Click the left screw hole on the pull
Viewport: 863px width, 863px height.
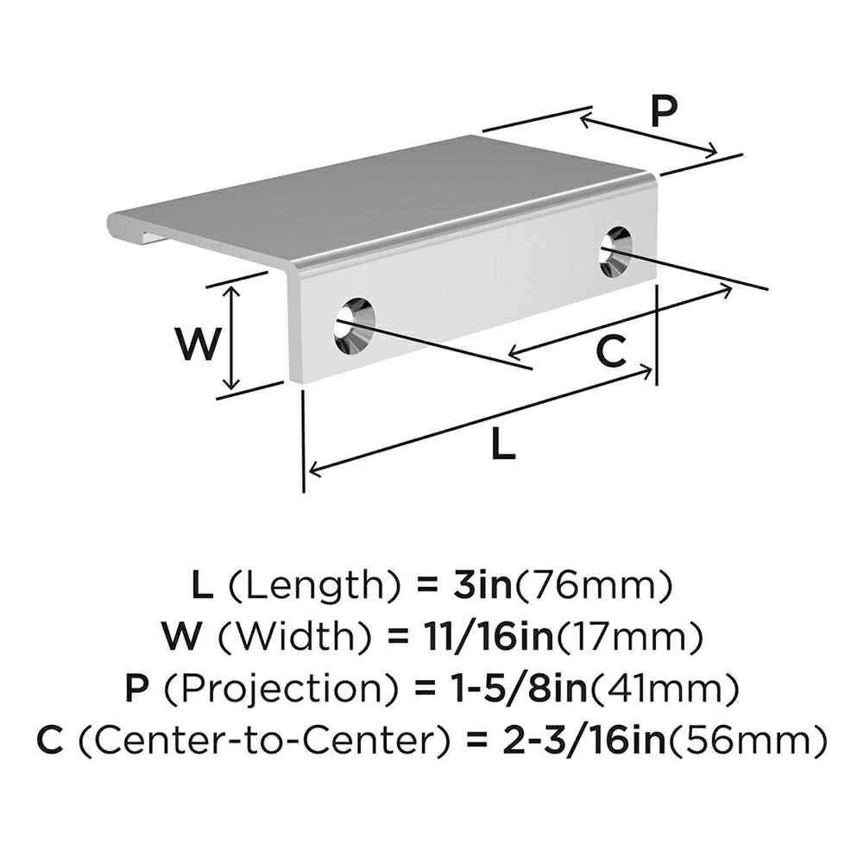355,327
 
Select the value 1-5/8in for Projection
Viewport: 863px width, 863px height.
518,688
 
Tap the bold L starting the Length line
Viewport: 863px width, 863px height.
200,587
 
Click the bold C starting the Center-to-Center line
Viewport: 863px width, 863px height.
54,739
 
